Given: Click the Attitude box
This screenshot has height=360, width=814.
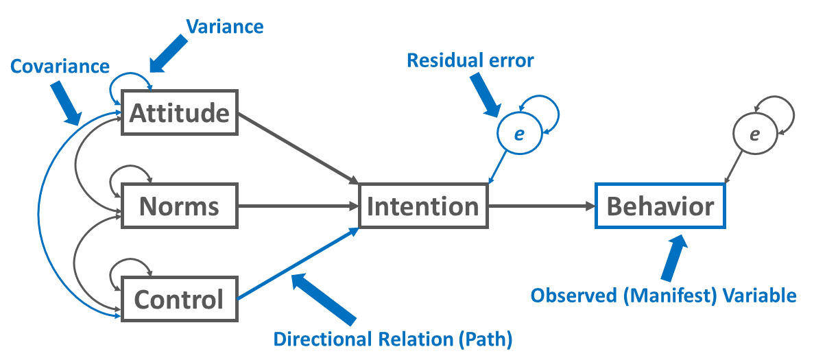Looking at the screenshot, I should (x=179, y=112).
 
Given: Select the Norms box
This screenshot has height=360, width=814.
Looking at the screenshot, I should (x=179, y=206).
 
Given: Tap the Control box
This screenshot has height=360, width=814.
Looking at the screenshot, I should (x=179, y=299).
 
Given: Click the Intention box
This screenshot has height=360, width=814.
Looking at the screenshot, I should (x=422, y=206).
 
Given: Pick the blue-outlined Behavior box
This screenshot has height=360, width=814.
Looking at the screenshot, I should (x=660, y=206).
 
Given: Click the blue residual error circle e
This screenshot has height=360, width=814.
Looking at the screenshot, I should (x=519, y=134).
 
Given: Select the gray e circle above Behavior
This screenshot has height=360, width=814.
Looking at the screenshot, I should (x=754, y=134).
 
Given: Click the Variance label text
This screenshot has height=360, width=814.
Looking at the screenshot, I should (x=224, y=27).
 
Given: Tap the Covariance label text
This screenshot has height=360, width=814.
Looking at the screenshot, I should (x=60, y=66).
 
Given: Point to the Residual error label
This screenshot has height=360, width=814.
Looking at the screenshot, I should (x=470, y=60).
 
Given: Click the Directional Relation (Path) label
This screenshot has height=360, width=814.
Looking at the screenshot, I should (x=394, y=339).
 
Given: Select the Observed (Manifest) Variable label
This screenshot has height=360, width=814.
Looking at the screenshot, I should (x=664, y=296).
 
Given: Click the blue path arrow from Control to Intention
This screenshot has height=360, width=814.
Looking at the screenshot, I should (x=298, y=265).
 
